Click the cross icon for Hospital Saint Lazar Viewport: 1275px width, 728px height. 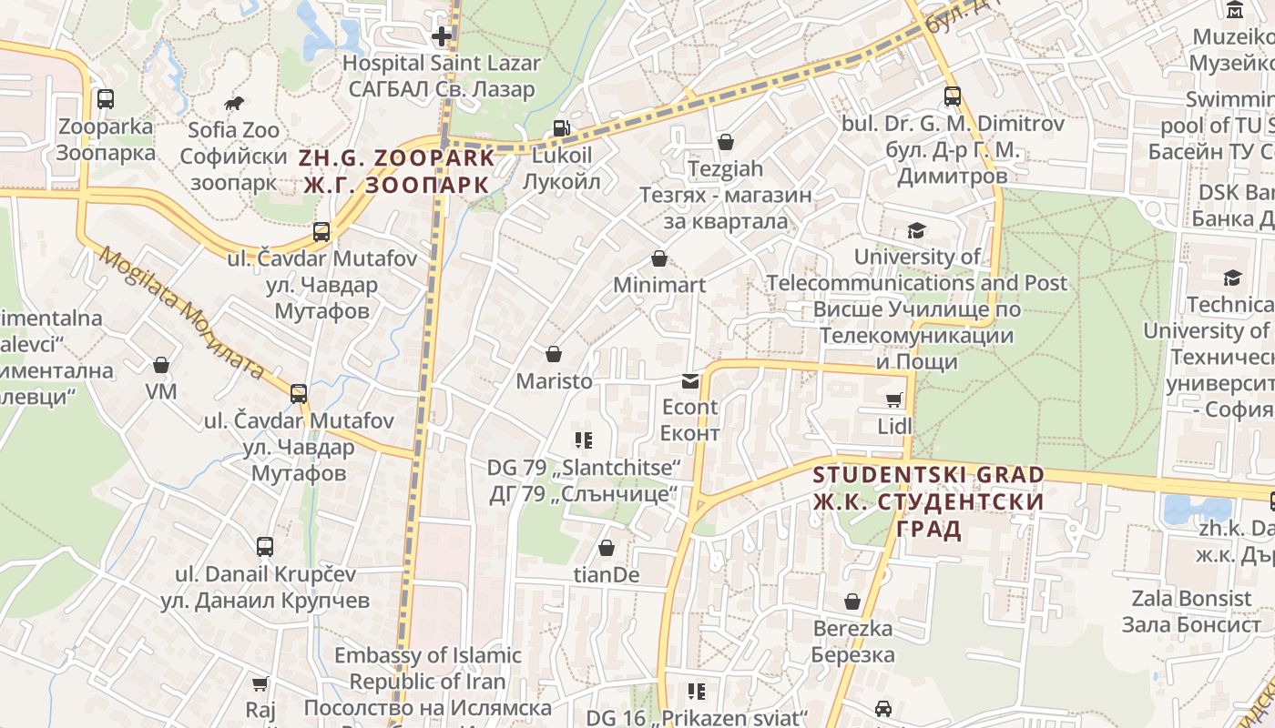pos(442,36)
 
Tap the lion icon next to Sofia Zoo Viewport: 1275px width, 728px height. pos(234,103)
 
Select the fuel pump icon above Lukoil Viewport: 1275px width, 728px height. pos(562,129)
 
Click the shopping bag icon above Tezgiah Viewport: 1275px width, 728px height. pos(726,142)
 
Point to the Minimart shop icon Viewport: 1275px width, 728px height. pos(659,259)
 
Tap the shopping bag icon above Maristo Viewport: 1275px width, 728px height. pos(554,354)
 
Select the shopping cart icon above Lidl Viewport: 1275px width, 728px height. pos(894,399)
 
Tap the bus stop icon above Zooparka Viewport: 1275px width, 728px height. pos(106,98)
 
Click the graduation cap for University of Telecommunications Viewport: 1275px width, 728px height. pos(915,231)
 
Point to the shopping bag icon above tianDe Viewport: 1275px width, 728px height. pos(606,548)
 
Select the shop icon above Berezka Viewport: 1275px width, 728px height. pos(852,602)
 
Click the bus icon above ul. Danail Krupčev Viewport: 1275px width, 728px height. pos(265,547)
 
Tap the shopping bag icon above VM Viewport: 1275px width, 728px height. pos(161,366)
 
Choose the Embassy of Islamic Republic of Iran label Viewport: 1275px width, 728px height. pos(427,681)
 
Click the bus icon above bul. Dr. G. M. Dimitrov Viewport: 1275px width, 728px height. pos(953,96)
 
